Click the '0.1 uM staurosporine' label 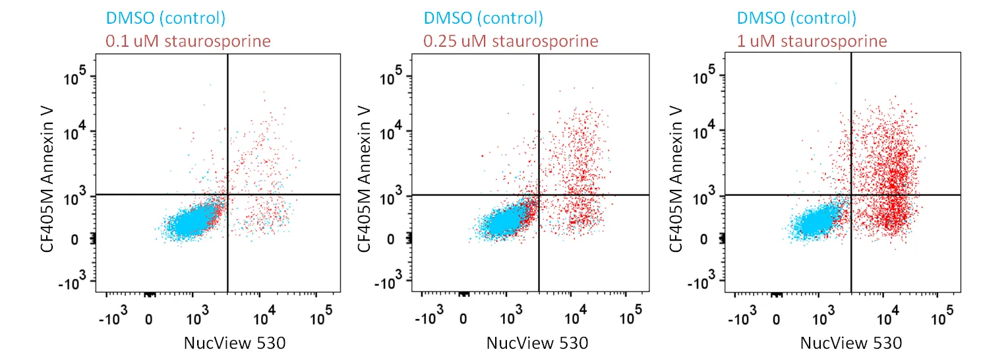pyautogui.click(x=188, y=41)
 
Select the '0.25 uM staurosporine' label pyautogui.click(x=511, y=41)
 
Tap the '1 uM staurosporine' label pyautogui.click(x=812, y=41)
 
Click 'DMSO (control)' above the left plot pyautogui.click(x=165, y=18)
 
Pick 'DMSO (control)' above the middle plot pyautogui.click(x=483, y=18)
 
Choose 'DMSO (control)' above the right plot pyautogui.click(x=796, y=18)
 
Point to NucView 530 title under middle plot pyautogui.click(x=537, y=343)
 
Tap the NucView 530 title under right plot pyautogui.click(x=850, y=343)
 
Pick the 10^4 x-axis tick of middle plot pyautogui.click(x=574, y=319)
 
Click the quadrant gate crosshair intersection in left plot pyautogui.click(x=227, y=195)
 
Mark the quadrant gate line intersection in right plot pyautogui.click(x=851, y=195)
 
